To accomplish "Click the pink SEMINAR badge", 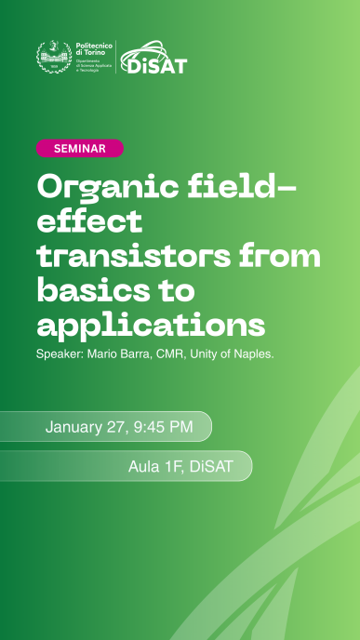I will click(79, 149).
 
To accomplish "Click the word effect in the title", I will click(89, 221).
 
